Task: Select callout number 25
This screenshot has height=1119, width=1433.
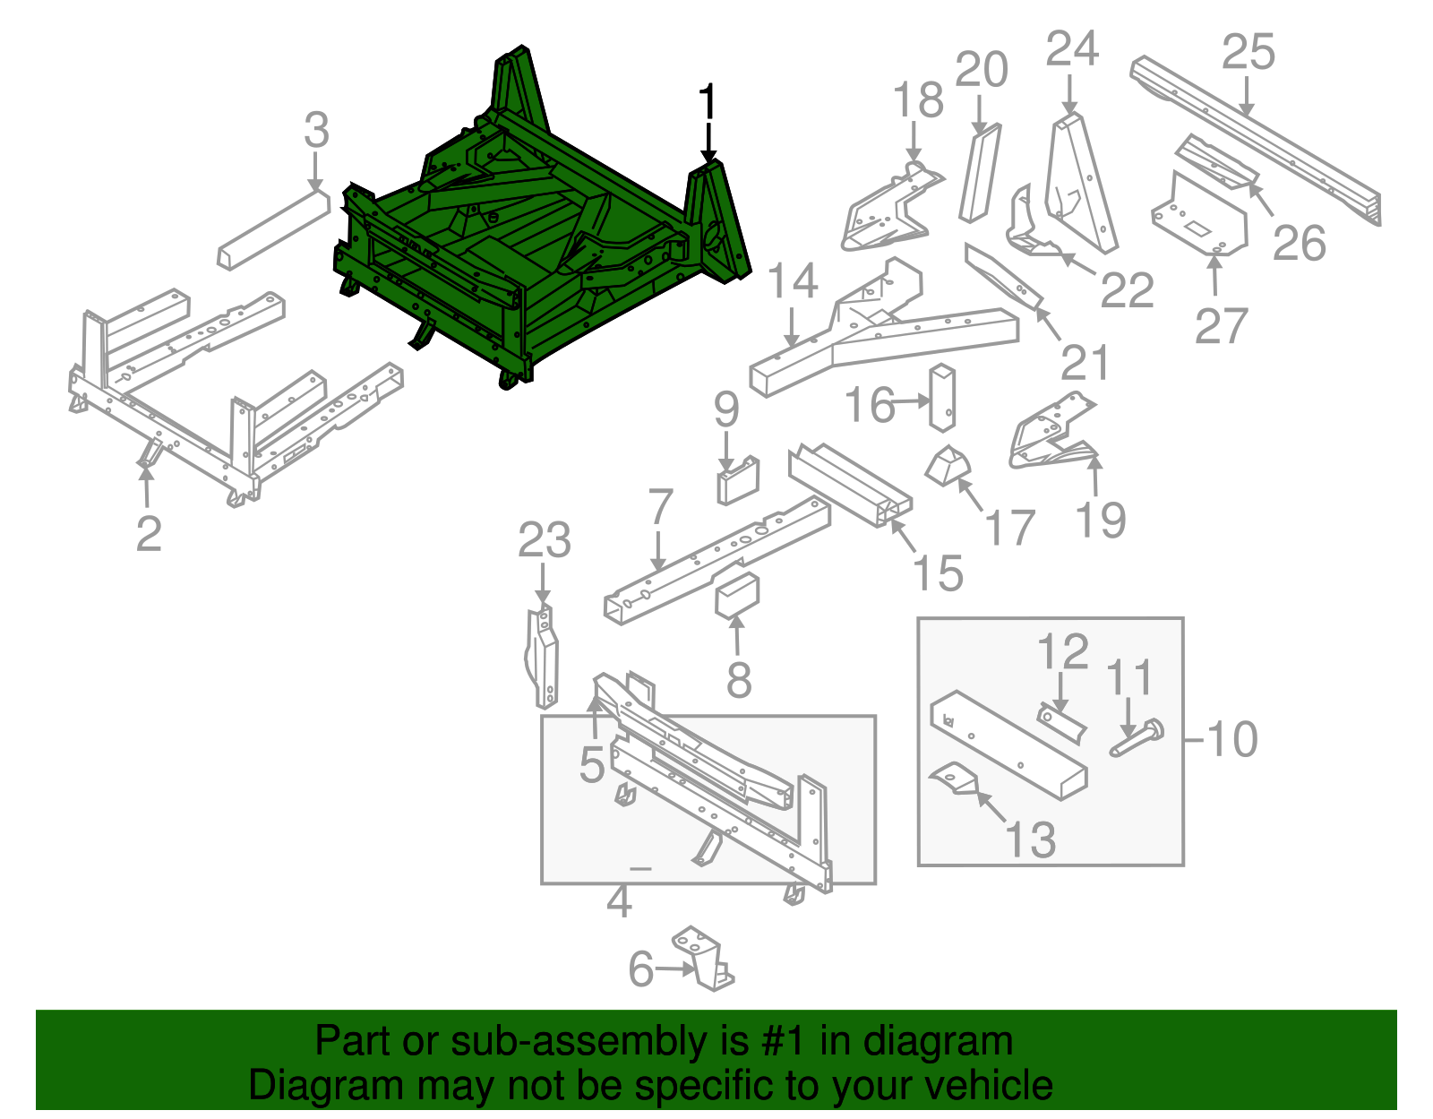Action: pos(1248,52)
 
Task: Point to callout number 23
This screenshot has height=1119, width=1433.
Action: pos(544,541)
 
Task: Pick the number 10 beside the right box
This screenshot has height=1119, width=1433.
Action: pos(1232,740)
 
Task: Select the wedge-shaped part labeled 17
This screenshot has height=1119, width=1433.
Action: pos(947,467)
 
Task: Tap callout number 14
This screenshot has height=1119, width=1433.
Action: pos(793,281)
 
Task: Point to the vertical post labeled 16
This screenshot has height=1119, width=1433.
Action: pos(943,397)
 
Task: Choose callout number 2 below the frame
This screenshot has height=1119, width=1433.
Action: pos(149,533)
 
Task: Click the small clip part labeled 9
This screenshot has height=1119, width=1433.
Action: pos(737,481)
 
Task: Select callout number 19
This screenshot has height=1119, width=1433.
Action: pos(1100,520)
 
